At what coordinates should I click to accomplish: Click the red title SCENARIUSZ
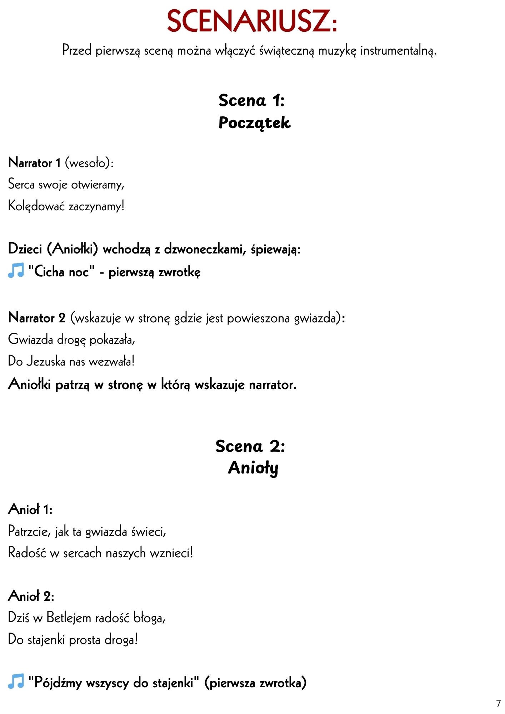click(252, 21)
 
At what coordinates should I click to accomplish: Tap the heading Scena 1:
click(252, 100)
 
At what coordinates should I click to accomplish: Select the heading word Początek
click(254, 123)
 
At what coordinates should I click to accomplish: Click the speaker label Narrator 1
click(34, 163)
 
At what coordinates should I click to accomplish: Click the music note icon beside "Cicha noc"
click(16, 271)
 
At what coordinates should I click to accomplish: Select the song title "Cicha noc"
click(61, 272)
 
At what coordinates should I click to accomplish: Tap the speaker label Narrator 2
click(37, 318)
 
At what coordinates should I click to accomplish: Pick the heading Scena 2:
click(250, 446)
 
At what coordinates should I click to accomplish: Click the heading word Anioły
click(253, 468)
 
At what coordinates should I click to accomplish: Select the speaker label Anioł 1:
click(30, 509)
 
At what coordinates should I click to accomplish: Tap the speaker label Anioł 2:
click(31, 596)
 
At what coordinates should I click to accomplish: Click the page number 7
click(498, 704)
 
